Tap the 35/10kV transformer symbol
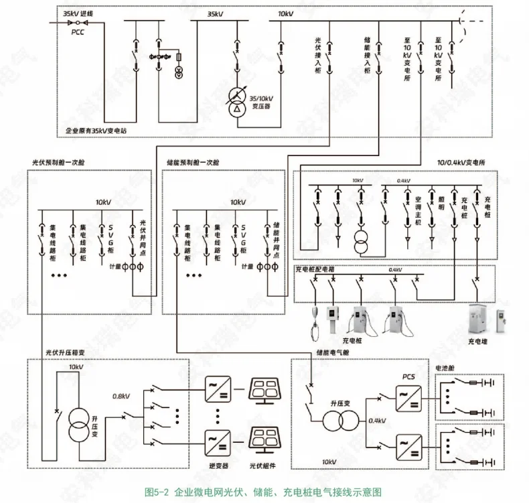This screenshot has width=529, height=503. tap(236, 101)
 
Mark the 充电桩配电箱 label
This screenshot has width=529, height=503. tap(315, 269)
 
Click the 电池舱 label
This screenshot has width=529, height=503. tap(447, 368)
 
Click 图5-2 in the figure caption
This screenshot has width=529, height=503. tap(159, 491)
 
